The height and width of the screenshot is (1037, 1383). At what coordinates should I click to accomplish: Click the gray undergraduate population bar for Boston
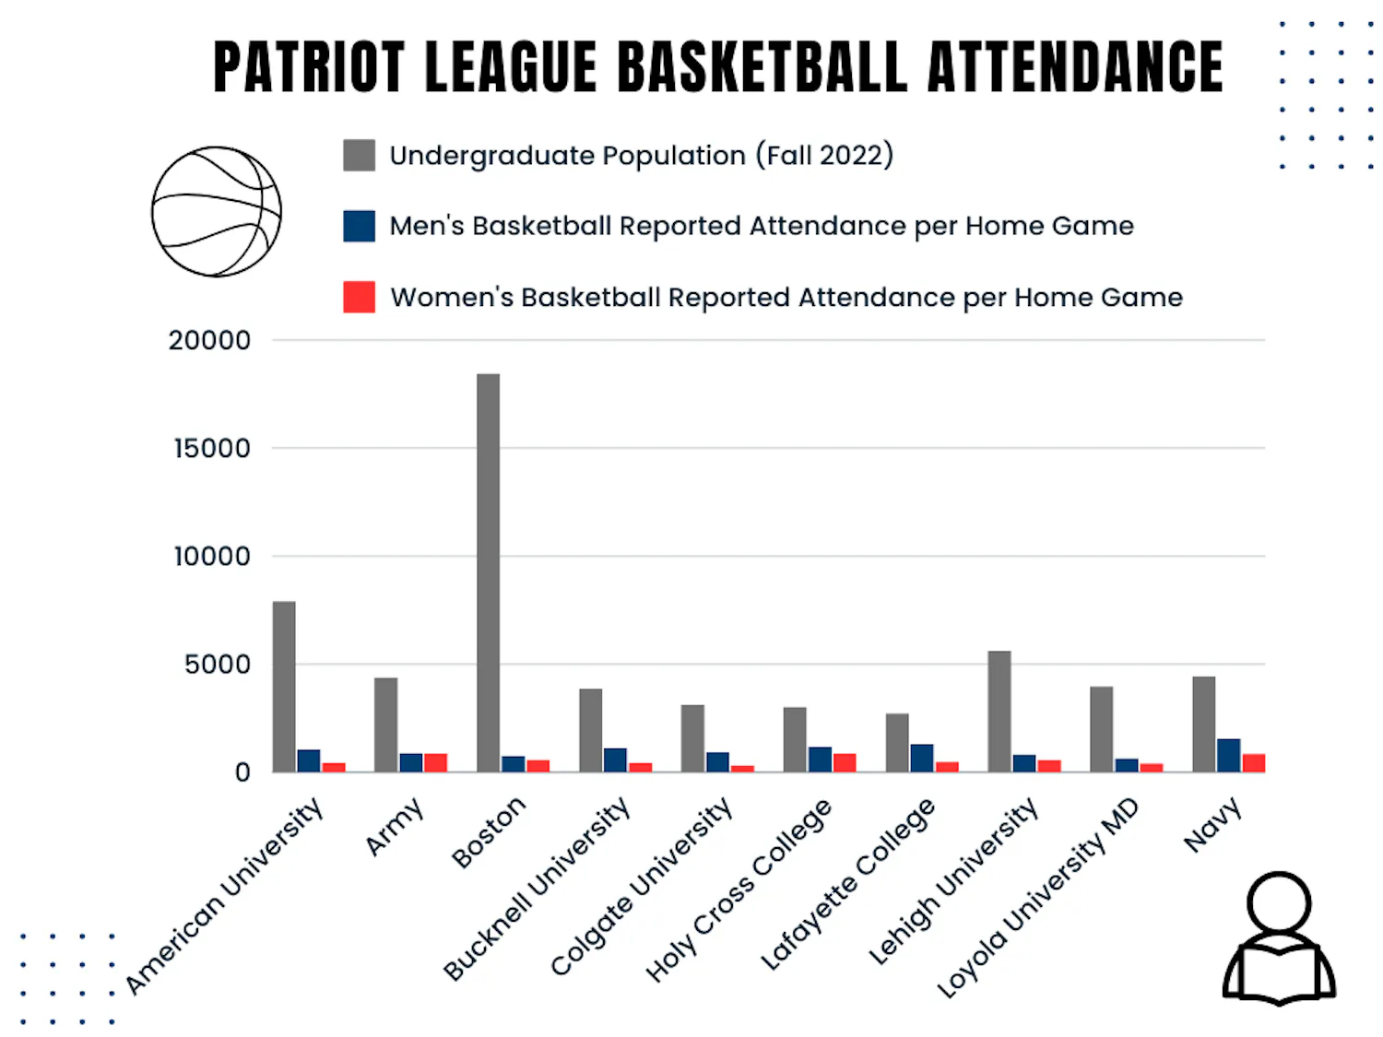click(x=488, y=572)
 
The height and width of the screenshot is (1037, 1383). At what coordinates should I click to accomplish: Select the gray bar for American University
click(x=284, y=687)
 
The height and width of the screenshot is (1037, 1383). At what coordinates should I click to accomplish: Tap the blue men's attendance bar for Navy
click(x=1228, y=755)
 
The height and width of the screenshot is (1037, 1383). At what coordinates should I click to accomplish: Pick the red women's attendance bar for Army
click(x=435, y=762)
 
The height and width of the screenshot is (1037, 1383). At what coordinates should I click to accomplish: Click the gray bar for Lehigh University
click(x=999, y=712)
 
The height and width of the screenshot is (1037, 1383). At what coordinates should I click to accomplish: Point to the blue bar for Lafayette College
click(x=921, y=758)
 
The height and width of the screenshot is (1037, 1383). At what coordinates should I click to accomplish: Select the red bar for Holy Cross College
click(x=845, y=762)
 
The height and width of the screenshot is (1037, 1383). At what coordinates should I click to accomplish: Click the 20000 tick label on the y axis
click(x=209, y=341)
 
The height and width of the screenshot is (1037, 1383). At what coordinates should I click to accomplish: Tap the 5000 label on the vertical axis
click(x=217, y=665)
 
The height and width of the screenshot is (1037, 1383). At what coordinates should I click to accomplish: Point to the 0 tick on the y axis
click(x=242, y=772)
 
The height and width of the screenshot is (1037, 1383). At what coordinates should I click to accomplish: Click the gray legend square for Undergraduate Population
click(x=359, y=156)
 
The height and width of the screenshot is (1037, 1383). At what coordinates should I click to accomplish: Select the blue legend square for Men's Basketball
click(x=359, y=226)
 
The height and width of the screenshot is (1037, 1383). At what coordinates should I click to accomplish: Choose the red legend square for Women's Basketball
click(x=359, y=297)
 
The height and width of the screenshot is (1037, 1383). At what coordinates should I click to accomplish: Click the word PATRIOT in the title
click(x=309, y=67)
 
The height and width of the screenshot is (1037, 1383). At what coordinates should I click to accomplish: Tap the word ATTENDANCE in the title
click(x=1074, y=67)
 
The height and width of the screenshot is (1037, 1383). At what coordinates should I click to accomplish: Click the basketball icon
click(x=217, y=212)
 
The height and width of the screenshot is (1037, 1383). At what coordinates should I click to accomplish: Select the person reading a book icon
click(x=1279, y=938)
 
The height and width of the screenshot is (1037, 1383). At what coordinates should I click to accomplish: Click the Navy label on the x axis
click(x=1212, y=825)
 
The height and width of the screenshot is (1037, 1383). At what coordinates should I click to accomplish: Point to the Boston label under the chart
click(x=489, y=831)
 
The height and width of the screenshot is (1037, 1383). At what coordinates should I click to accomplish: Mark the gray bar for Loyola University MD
click(x=1101, y=729)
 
